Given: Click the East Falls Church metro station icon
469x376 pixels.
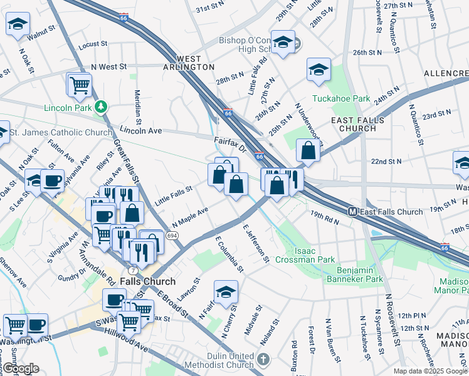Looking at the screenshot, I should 353,212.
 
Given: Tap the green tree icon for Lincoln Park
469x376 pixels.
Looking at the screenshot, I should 101,107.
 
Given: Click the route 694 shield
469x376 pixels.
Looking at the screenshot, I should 172,234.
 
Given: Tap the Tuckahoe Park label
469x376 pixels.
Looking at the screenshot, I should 340,98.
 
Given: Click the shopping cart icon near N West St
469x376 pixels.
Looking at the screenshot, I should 80,85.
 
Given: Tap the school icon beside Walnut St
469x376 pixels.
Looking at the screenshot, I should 18,24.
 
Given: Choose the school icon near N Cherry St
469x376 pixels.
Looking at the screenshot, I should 226,291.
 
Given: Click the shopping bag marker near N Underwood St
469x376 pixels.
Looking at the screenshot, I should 308,150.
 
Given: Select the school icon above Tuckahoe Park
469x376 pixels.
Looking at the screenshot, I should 319,70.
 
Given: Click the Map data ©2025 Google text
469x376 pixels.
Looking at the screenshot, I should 429,371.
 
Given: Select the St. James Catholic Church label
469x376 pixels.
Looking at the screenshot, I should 62,132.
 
